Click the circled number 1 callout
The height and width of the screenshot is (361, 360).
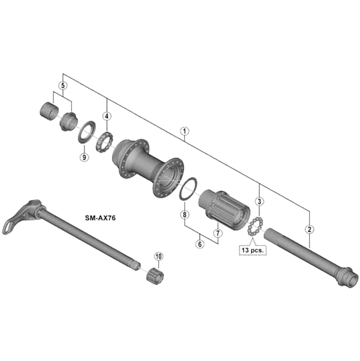click(184, 131)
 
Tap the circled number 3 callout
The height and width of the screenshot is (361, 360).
click(260, 201)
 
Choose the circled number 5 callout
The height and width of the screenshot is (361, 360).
click(63, 86)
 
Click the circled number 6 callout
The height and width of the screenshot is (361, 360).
click(201, 244)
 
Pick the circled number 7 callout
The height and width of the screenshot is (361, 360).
click(218, 233)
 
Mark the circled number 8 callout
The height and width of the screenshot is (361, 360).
click(184, 215)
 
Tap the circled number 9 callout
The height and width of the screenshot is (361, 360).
click(84, 157)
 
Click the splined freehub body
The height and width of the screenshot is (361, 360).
click(224, 208)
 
